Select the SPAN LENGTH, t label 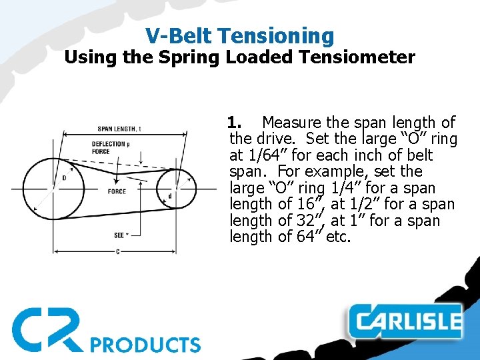[119, 129]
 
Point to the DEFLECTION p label [110, 143]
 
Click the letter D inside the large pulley [64, 178]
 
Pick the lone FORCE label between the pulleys [116, 191]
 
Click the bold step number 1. [233, 123]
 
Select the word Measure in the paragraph [292, 123]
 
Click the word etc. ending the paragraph [338, 237]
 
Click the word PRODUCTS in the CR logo [145, 345]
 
